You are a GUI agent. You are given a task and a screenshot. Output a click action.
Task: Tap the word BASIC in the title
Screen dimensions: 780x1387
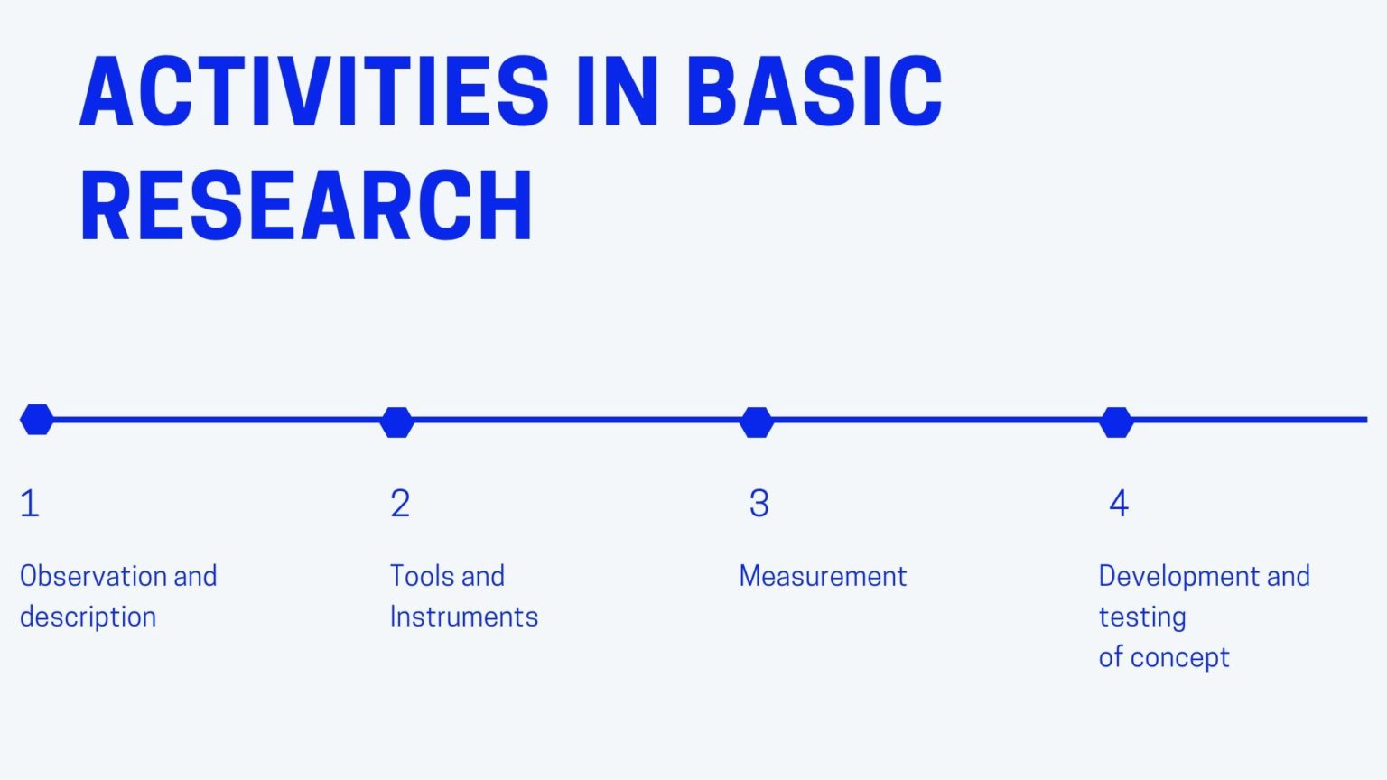pyautogui.click(x=815, y=92)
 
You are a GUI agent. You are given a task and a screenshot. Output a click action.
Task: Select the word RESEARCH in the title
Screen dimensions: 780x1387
pyautogui.click(x=307, y=206)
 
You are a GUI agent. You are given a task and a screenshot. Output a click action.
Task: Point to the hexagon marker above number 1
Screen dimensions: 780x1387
pyautogui.click(x=37, y=420)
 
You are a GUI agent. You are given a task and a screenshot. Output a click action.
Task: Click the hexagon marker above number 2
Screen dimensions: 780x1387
pyautogui.click(x=396, y=422)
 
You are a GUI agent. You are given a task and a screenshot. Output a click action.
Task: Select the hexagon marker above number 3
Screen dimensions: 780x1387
pyautogui.click(x=757, y=422)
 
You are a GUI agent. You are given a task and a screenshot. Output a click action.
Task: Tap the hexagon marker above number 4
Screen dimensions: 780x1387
pyautogui.click(x=1116, y=422)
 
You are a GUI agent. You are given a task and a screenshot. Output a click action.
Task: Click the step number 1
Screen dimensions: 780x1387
pyautogui.click(x=30, y=504)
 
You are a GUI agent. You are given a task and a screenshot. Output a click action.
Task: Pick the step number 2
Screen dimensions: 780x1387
pyautogui.click(x=400, y=504)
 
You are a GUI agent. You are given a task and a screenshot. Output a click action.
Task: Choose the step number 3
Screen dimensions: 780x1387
pyautogui.click(x=759, y=504)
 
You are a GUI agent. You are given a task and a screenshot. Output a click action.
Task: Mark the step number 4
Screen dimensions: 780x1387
pyautogui.click(x=1119, y=504)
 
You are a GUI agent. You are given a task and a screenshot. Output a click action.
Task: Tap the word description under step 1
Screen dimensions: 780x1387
pyautogui.click(x=88, y=617)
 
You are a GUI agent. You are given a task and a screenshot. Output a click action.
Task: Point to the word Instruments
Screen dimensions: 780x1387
pyautogui.click(x=464, y=617)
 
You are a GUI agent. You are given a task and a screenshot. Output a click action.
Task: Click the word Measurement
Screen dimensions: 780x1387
pyautogui.click(x=823, y=576)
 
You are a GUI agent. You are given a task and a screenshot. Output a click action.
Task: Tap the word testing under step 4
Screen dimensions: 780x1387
pyautogui.click(x=1142, y=617)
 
